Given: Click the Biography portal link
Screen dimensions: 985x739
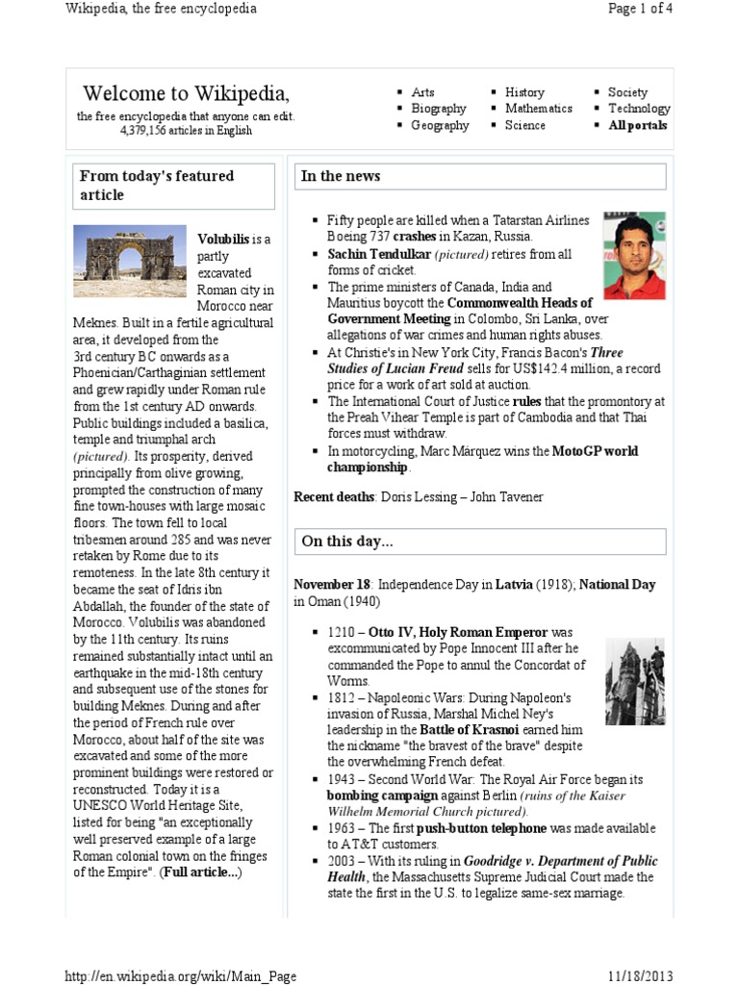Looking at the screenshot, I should (438, 109).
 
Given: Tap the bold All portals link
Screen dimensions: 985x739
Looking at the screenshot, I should (637, 125).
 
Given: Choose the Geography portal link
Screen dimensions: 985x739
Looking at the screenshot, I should (440, 125).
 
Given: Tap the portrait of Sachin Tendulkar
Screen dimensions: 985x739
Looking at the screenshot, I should (633, 256).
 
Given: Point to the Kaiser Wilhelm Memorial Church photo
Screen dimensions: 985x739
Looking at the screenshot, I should (635, 682).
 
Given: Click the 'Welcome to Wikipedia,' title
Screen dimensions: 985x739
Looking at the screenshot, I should (186, 93).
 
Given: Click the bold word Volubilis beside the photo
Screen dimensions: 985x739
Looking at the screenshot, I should (222, 239).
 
